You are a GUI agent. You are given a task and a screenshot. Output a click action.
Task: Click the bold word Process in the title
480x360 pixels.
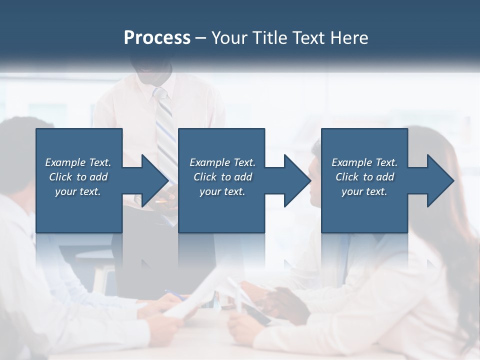coord(157,38)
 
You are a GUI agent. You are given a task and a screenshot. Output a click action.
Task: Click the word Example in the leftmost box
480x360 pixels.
coord(65,162)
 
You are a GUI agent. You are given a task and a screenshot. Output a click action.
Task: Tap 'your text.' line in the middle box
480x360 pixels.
coord(222,191)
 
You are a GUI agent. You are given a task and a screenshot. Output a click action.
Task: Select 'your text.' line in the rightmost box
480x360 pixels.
coord(364,191)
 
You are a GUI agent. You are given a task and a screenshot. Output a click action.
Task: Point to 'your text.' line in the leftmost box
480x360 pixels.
coord(77,191)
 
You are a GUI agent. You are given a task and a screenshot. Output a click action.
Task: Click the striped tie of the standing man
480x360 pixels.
coord(165,130)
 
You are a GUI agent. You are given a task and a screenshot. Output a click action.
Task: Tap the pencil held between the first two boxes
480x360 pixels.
coord(161,201)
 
